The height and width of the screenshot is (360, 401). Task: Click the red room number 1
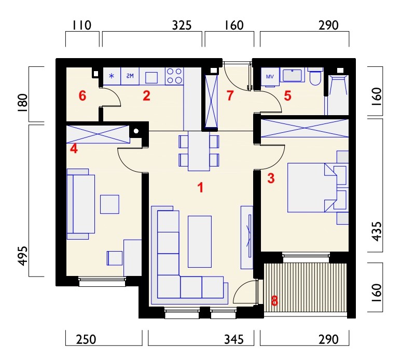point(200,187)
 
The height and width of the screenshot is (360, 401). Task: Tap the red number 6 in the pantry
point(82,96)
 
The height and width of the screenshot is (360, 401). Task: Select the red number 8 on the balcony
point(274,301)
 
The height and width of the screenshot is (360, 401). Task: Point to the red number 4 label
point(74,148)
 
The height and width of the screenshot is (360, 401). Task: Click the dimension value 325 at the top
point(182,25)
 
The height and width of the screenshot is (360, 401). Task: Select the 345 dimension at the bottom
point(234,339)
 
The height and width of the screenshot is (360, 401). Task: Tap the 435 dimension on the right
point(377,231)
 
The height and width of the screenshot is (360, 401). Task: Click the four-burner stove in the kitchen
point(174,76)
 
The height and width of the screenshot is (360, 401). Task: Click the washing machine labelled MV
point(270,76)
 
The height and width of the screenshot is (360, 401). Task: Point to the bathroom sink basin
point(293,75)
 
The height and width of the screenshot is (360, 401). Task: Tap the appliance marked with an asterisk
point(112,76)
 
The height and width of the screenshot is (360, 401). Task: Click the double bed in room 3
point(312,188)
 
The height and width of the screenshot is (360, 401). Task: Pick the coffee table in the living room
point(200,242)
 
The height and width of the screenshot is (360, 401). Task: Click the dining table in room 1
point(199,151)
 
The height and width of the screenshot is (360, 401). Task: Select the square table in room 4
point(109,204)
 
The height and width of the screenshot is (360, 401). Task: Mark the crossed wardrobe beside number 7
point(212,101)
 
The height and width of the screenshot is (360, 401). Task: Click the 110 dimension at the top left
point(82,25)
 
